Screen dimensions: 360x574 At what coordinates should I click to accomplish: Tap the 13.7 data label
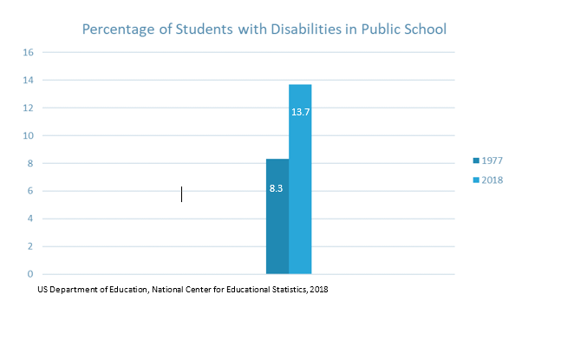pos(300,113)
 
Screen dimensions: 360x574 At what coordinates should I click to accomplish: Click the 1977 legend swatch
pos(476,160)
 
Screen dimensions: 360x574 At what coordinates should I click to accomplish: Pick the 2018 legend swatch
pos(476,180)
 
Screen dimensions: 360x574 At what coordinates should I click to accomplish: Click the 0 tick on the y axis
pos(30,274)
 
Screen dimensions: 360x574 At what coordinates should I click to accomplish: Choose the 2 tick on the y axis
pos(30,246)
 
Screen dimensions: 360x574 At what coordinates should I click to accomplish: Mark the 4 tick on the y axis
pos(30,219)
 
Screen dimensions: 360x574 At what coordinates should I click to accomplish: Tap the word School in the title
pos(425,29)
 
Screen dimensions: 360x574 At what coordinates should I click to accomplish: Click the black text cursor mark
pos(181,193)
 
